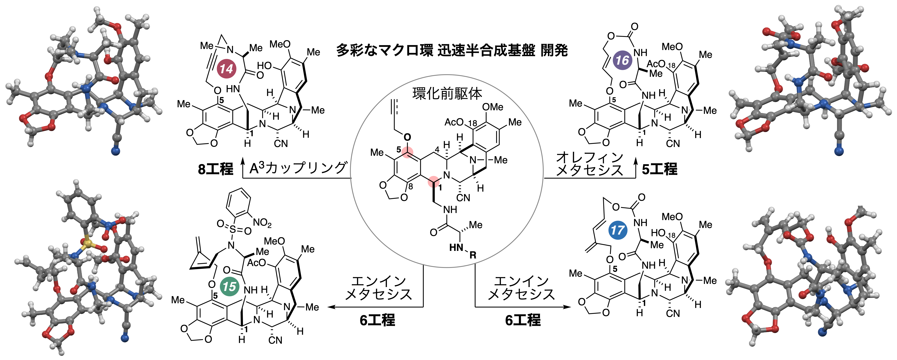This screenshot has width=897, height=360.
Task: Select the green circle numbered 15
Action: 229,287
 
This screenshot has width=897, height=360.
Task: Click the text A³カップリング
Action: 298,168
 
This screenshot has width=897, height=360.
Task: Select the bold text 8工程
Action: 215,169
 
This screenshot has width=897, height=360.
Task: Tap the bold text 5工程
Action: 659,169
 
